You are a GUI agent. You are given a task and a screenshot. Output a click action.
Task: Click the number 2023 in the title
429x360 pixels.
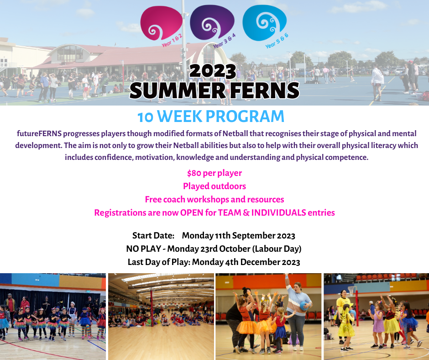[x=213, y=71]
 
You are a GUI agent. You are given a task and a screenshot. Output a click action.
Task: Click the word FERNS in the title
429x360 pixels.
[x=265, y=90]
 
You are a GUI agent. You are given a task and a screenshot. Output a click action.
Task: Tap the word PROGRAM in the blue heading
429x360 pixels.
[x=245, y=116]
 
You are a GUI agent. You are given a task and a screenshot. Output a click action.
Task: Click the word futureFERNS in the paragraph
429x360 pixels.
[x=39, y=133]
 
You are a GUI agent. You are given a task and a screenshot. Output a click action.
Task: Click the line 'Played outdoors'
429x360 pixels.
[x=214, y=186]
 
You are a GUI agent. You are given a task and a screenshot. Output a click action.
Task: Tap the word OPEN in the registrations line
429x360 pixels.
[x=192, y=212]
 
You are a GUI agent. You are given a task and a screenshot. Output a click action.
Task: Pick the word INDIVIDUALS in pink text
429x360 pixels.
[x=278, y=212]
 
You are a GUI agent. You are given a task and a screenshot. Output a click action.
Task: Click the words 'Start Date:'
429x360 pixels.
[x=153, y=236]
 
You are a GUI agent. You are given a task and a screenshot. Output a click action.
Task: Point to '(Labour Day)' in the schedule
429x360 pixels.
[x=277, y=249]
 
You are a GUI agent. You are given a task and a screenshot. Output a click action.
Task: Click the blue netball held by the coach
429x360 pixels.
[x=304, y=306]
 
